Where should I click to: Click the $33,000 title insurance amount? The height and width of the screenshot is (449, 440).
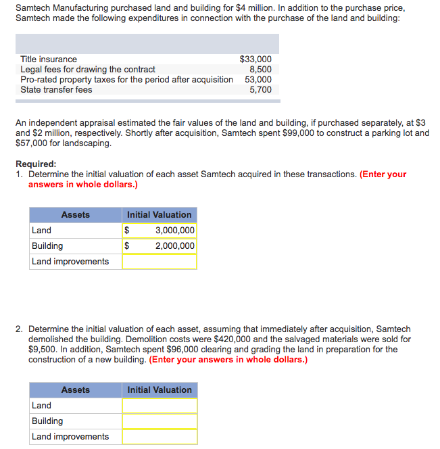click(x=255, y=60)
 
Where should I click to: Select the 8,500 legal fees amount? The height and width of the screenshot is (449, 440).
click(x=260, y=70)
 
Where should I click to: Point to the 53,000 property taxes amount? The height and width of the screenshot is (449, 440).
click(x=258, y=80)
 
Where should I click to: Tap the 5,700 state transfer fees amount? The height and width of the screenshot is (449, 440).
click(x=260, y=90)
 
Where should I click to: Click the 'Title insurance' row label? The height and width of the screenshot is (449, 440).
click(x=49, y=60)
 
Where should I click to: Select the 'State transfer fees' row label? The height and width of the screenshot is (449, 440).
click(x=56, y=90)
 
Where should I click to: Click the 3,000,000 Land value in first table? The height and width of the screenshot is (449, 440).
click(x=174, y=231)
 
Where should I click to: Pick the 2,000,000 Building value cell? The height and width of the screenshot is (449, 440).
click(x=174, y=246)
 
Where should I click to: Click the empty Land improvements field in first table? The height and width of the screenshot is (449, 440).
click(x=160, y=262)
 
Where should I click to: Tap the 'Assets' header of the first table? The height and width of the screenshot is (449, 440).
click(x=75, y=215)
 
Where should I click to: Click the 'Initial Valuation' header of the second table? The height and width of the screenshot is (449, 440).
click(x=160, y=390)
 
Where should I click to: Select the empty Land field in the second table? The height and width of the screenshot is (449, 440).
click(x=160, y=406)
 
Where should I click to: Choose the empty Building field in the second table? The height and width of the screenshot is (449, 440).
click(x=160, y=421)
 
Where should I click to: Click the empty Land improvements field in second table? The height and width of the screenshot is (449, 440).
click(x=160, y=437)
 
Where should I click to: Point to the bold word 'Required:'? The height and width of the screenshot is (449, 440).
click(x=36, y=164)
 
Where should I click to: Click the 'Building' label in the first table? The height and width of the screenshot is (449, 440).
click(x=47, y=246)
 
